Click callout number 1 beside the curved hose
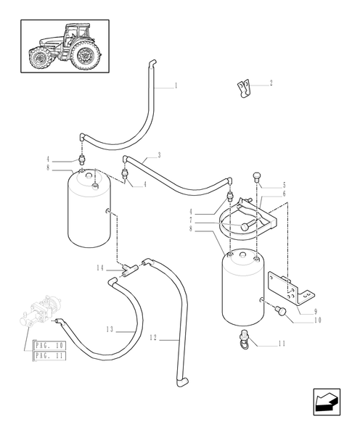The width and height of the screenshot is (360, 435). click(x=176, y=86)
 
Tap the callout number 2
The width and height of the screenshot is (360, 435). click(x=271, y=83)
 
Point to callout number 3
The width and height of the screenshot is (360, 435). click(x=159, y=156)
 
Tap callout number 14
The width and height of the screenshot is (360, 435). click(x=100, y=268)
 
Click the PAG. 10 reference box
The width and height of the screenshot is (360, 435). click(x=50, y=346)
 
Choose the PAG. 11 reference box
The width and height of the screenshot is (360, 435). click(x=50, y=357)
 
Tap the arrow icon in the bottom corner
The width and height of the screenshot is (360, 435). click(x=327, y=402)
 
